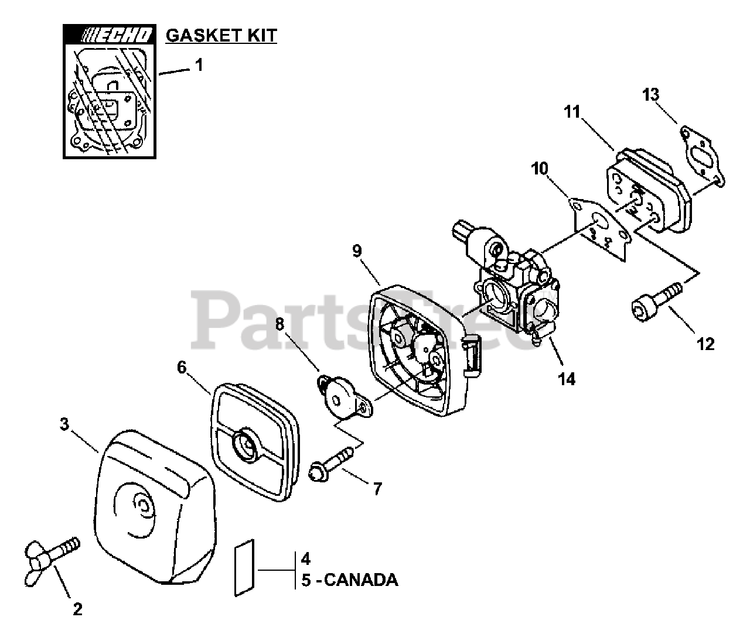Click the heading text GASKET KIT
221,36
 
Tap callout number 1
199,65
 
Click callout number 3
66,423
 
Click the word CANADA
360,580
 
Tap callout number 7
377,488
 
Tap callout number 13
651,94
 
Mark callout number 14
567,379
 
